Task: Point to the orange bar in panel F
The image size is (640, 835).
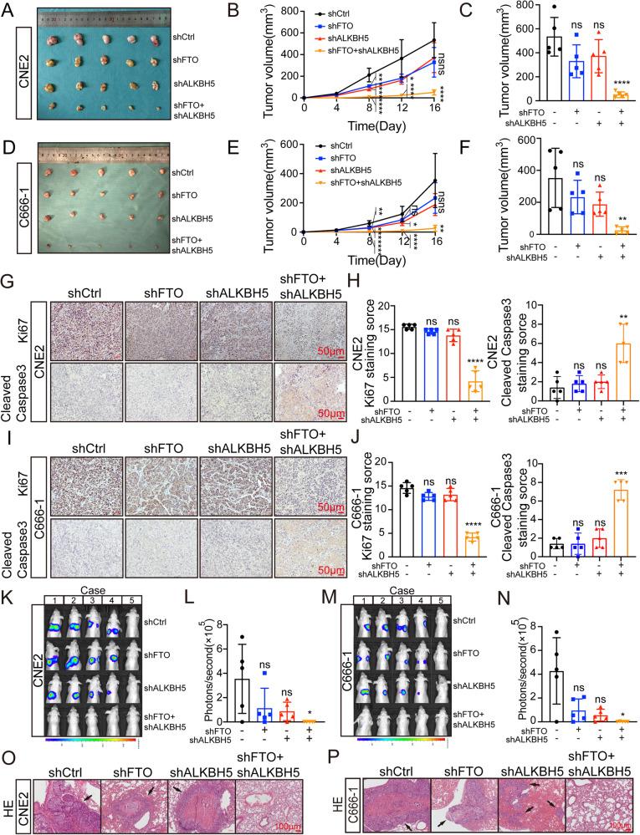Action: click(x=597, y=230)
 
